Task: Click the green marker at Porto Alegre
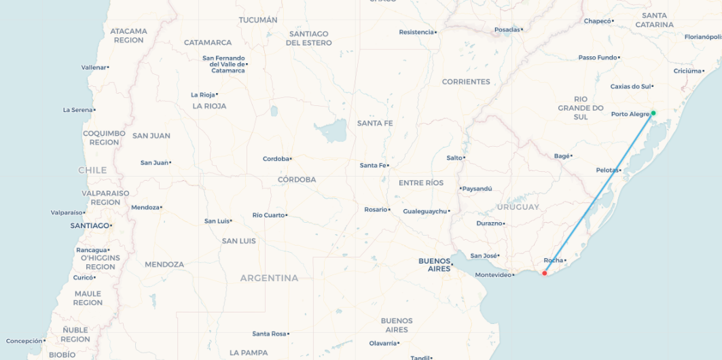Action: coord(653,113)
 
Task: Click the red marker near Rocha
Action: coord(544,273)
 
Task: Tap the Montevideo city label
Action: coord(493,275)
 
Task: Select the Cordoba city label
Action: coord(276,159)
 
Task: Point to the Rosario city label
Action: coord(376,210)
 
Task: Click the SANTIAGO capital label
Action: coord(90,226)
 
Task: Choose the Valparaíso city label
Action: coord(67,213)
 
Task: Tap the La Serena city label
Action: coord(77,110)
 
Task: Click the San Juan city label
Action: coord(154,163)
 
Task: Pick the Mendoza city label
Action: coord(145,207)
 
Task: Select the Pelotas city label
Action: coord(607,170)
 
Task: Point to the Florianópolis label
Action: coord(702,37)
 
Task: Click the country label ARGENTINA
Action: coord(269,278)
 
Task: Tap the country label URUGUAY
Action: coord(518,206)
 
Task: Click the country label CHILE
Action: coord(92,170)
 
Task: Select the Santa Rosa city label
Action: coord(269,334)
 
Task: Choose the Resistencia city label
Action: coord(416,32)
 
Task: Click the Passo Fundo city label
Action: coord(598,58)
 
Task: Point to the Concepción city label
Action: coord(24,341)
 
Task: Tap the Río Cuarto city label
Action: coord(268,215)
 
